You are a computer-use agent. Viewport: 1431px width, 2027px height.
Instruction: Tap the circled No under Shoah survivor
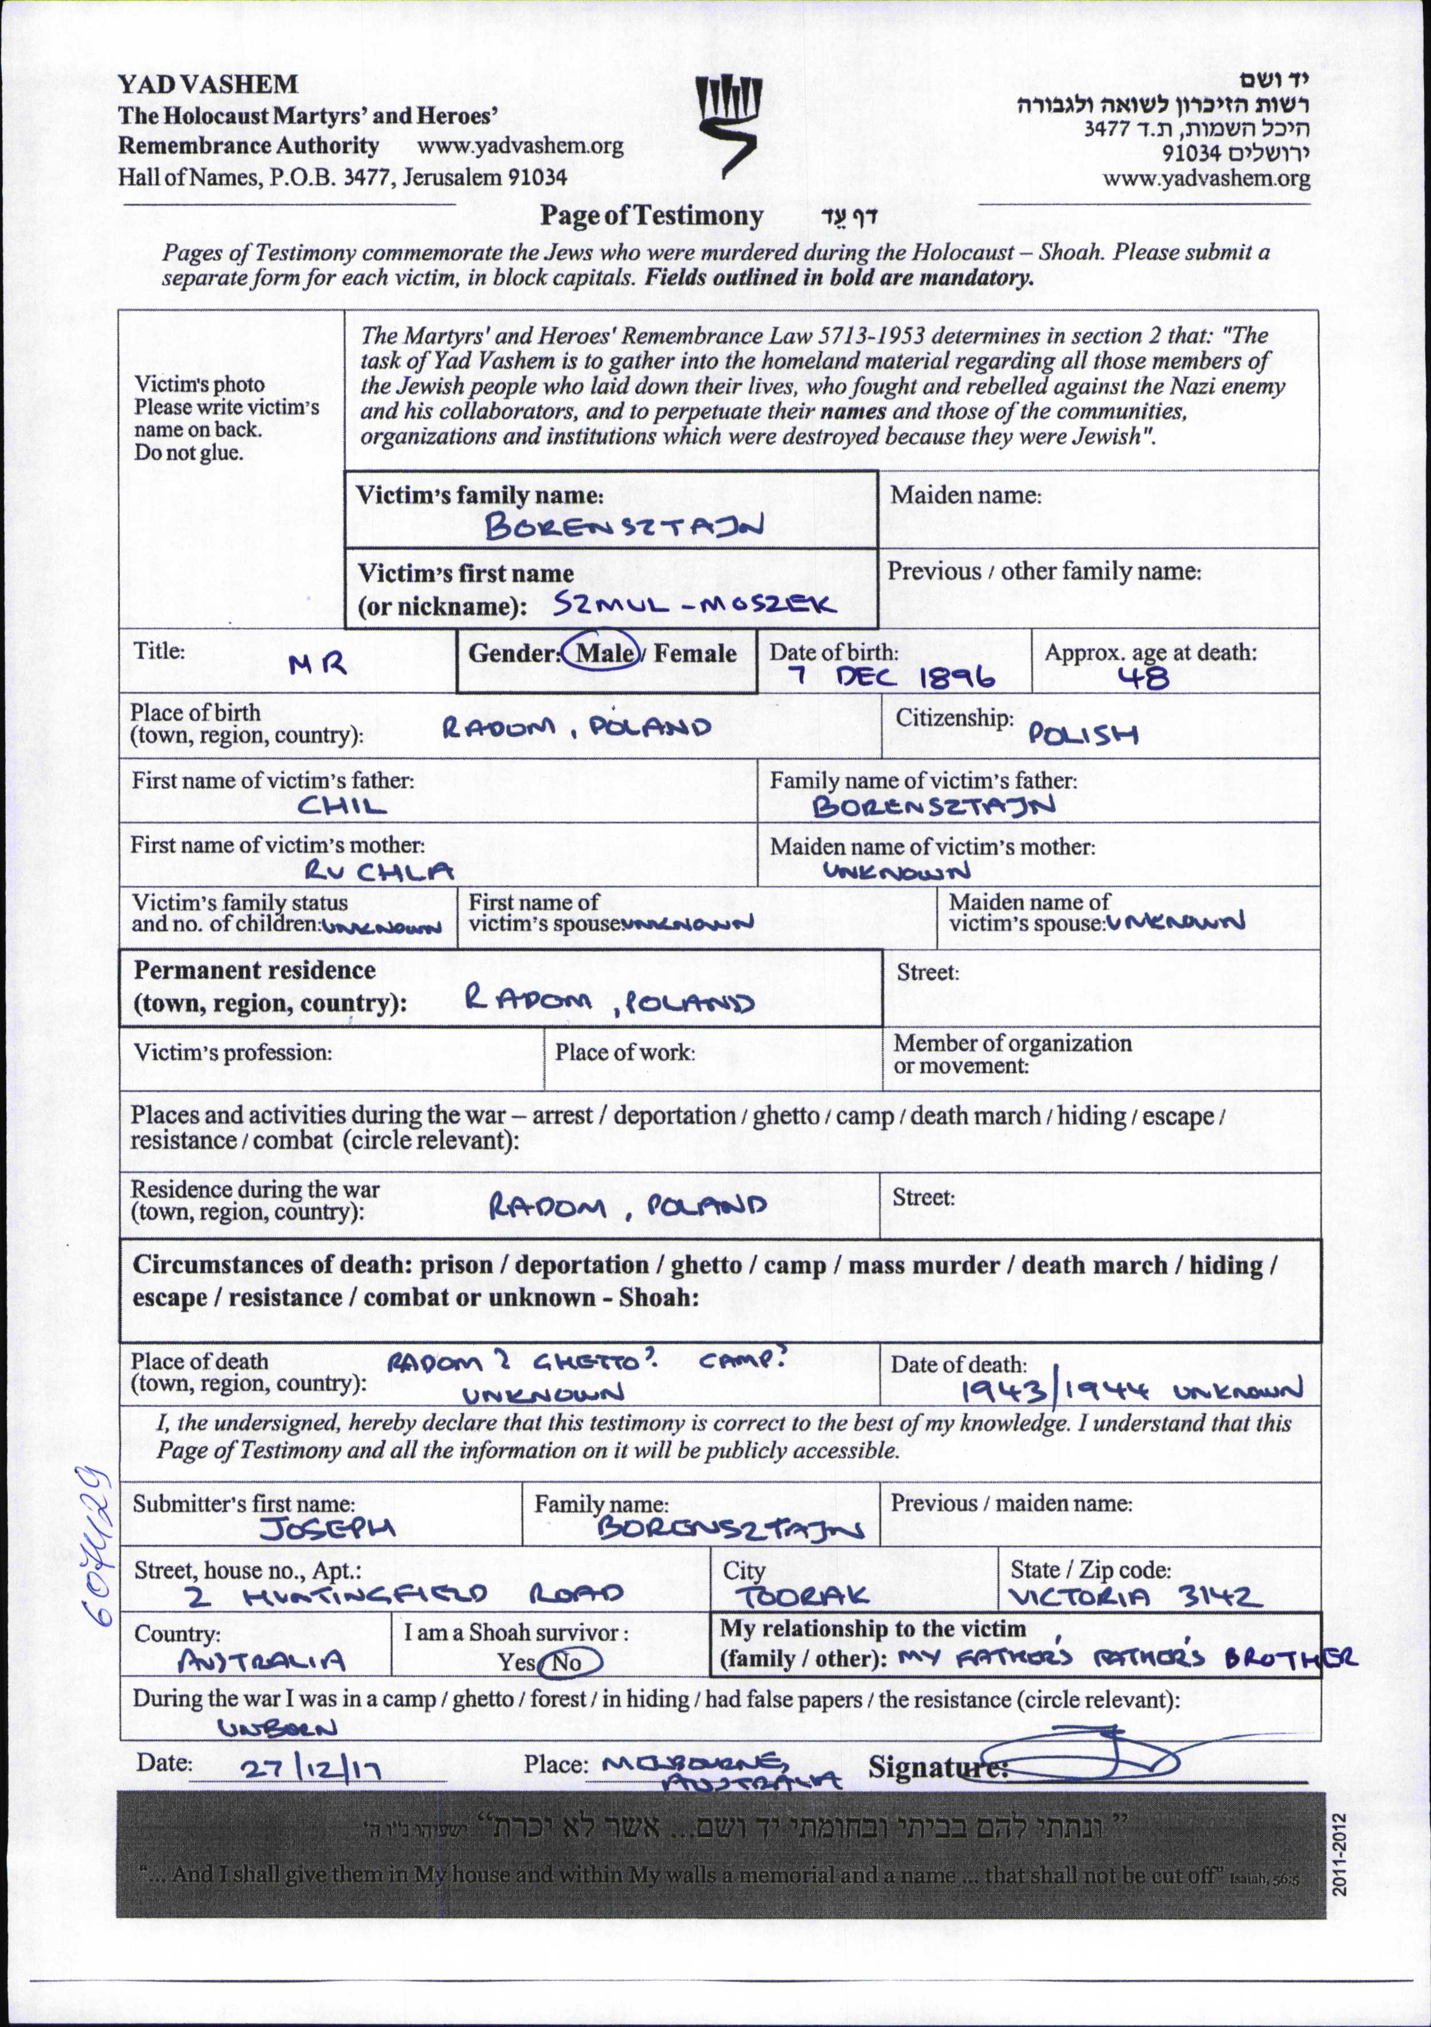(x=568, y=1662)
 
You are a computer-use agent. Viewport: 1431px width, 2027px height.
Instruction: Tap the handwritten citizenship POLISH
(x=1083, y=734)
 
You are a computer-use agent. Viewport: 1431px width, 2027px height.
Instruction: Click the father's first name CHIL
(x=342, y=806)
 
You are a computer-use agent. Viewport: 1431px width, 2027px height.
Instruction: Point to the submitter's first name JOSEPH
(x=327, y=1529)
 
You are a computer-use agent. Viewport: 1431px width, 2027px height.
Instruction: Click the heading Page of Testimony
(x=651, y=216)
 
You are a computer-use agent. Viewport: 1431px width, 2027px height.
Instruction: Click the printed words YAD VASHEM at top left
(x=208, y=85)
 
